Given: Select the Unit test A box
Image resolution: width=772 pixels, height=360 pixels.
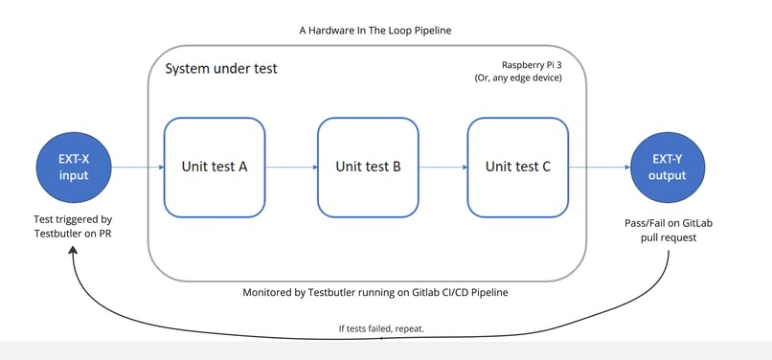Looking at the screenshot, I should tap(215, 167).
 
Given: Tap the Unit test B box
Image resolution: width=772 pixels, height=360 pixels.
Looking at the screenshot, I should tap(368, 167).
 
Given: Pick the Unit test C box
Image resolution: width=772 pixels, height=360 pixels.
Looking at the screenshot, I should tap(517, 167).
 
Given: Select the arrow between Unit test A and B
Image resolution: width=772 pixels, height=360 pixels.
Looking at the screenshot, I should tap(291, 167).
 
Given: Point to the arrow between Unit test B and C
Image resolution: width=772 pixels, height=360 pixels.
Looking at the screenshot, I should tap(443, 167).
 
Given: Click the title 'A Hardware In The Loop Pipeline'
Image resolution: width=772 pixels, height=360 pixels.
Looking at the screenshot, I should tap(375, 31).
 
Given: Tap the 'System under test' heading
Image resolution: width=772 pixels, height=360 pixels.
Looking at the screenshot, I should tap(221, 70).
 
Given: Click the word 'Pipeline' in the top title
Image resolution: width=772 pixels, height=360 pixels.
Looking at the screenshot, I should tap(428, 31).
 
